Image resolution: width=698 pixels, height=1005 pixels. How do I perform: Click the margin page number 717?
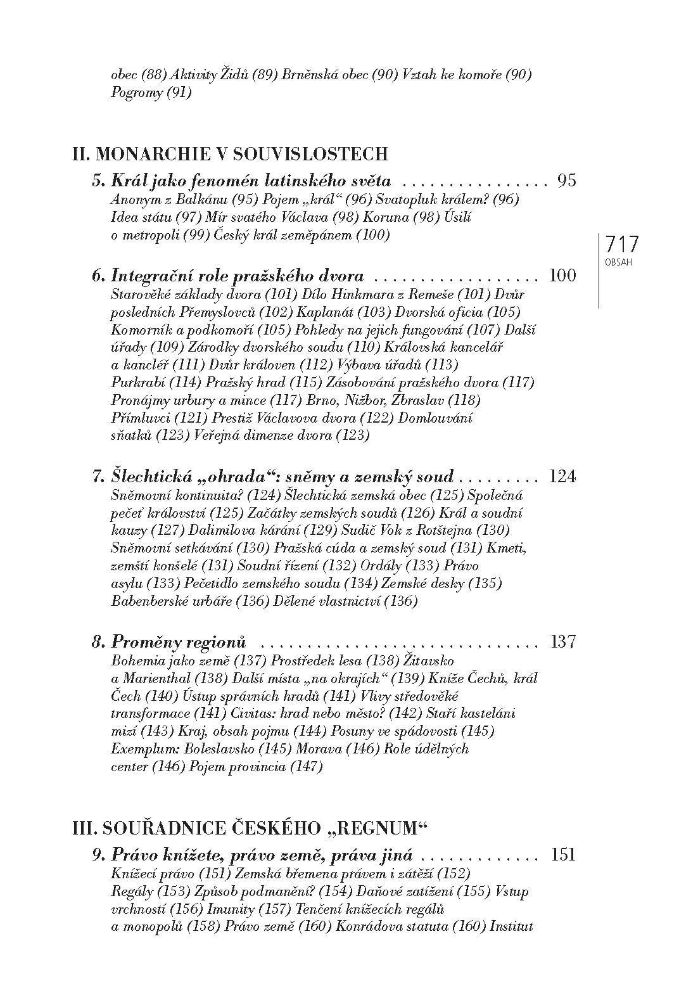click(623, 245)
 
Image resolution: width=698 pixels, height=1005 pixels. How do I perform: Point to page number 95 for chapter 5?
click(566, 181)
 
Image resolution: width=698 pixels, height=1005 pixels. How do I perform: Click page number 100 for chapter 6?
click(563, 276)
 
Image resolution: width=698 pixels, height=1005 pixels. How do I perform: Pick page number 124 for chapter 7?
click(562, 477)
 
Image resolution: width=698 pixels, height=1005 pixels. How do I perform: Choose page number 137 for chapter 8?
click(563, 641)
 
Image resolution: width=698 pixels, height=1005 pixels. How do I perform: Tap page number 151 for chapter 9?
click(563, 855)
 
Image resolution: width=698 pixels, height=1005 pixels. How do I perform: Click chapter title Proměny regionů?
click(178, 641)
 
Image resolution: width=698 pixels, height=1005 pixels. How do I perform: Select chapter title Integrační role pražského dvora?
click(237, 276)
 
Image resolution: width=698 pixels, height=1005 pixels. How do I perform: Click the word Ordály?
click(378, 565)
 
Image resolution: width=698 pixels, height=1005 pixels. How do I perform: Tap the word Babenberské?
click(146, 601)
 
